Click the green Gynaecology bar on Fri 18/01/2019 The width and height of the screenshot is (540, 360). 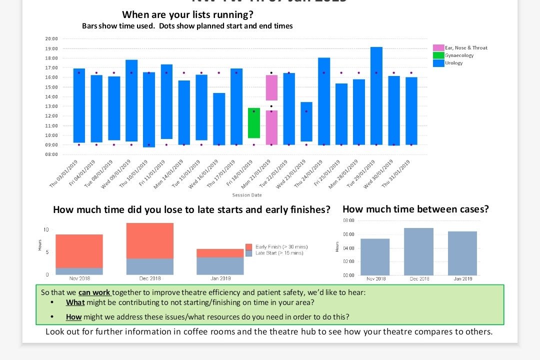pyautogui.click(x=254, y=123)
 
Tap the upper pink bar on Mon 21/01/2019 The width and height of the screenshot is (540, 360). pyautogui.click(x=271, y=87)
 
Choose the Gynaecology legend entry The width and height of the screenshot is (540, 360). pyautogui.click(x=459, y=55)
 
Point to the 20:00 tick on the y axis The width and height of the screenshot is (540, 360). pyautogui.click(x=51, y=38)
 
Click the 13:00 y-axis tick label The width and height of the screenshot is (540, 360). pyautogui.click(x=51, y=106)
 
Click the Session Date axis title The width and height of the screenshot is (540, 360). pyautogui.click(x=246, y=195)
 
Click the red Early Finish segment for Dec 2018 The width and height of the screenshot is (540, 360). pyautogui.click(x=149, y=240)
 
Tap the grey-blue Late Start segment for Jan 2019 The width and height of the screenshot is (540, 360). pyautogui.click(x=220, y=265)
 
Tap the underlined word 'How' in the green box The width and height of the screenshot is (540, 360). pyautogui.click(x=73, y=316)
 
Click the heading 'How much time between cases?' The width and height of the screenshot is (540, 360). pyautogui.click(x=415, y=209)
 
